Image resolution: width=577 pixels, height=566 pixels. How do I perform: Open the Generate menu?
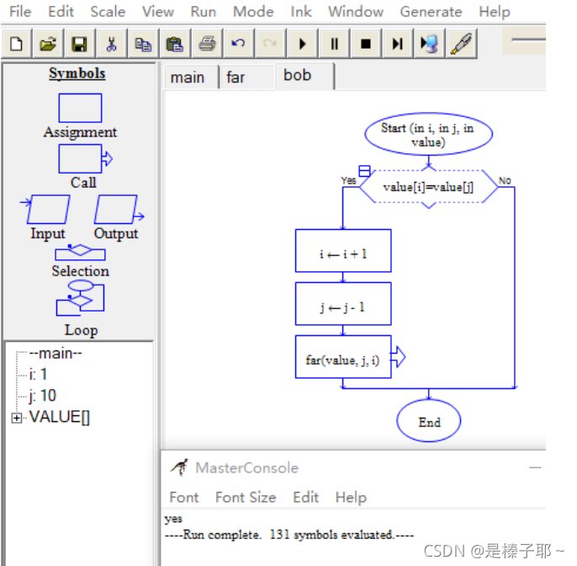coord(431,12)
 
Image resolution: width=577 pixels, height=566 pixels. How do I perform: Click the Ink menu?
coord(301,12)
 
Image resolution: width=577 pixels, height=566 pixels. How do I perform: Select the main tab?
coord(188,77)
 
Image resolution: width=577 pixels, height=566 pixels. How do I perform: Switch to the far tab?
coord(236,77)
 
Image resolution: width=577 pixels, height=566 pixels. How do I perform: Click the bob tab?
coord(298,76)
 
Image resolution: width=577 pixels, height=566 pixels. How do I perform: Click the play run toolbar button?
coord(302,44)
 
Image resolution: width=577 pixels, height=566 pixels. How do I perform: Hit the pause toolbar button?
coord(334,44)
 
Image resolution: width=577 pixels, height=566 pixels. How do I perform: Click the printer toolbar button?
coord(207,44)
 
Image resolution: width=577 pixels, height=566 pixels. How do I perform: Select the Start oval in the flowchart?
coord(428,135)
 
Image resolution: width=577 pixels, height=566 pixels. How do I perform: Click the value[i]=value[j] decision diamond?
coord(428,187)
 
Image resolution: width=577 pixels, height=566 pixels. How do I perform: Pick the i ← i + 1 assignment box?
coord(343,251)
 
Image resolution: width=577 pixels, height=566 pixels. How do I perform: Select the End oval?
coord(429,422)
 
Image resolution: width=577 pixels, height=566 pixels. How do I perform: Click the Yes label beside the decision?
coord(348,180)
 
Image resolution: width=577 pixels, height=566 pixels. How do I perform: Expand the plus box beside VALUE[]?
coord(17,418)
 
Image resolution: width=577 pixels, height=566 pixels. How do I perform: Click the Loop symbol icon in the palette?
coord(80,299)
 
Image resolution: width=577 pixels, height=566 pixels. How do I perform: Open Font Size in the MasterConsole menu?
coord(245,497)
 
